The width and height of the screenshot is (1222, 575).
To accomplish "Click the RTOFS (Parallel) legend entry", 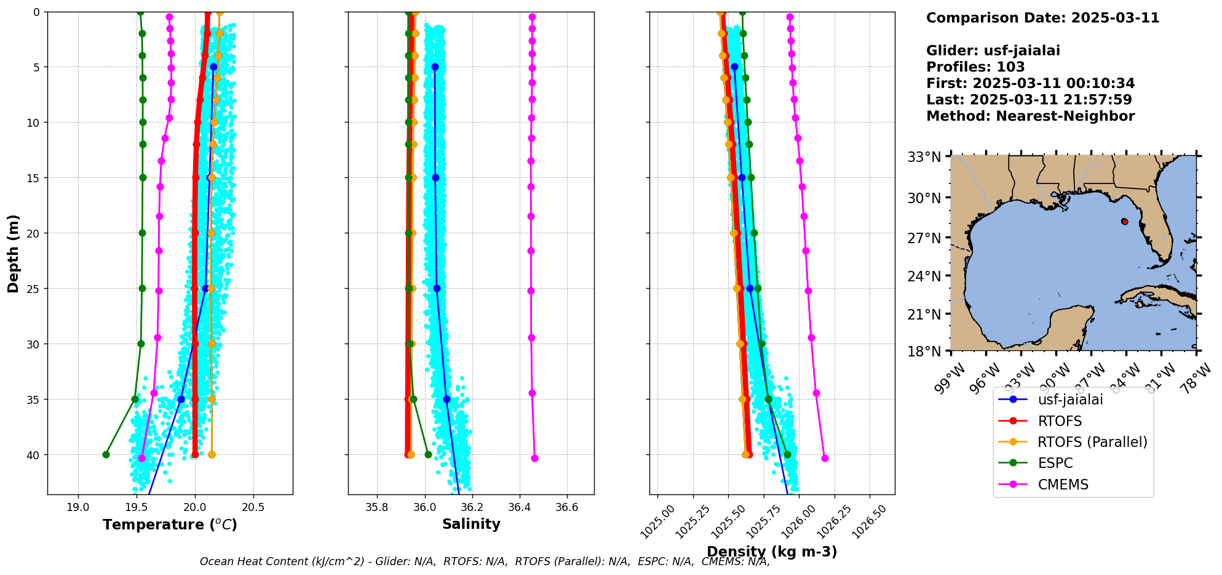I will pos(1092,442).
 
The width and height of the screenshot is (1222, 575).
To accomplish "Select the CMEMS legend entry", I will pos(1063,485).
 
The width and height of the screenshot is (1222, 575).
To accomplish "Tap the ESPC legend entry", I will pos(1055,463).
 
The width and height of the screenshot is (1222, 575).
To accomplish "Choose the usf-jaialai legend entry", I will pos(1070,400).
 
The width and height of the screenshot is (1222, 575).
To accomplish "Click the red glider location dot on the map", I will pos(1125,222).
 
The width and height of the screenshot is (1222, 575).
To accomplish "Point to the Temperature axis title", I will pos(170,525).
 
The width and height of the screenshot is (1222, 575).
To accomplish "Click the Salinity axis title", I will pos(471,524).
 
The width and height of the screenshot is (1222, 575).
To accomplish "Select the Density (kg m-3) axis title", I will pos(772,552).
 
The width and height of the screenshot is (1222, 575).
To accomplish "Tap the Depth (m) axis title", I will pos(14,254).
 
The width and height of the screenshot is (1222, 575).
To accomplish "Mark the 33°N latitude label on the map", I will pos(924,157).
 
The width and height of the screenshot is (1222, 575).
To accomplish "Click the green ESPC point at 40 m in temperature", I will pos(106,455).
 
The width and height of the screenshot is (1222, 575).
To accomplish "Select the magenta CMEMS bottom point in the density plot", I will pos(825,458).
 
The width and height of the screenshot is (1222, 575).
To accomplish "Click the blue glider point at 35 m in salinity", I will pos(446,399).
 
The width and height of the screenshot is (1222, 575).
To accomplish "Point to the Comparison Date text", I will pos(1042,18).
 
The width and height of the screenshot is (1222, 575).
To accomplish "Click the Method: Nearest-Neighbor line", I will pos(1030,116).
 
